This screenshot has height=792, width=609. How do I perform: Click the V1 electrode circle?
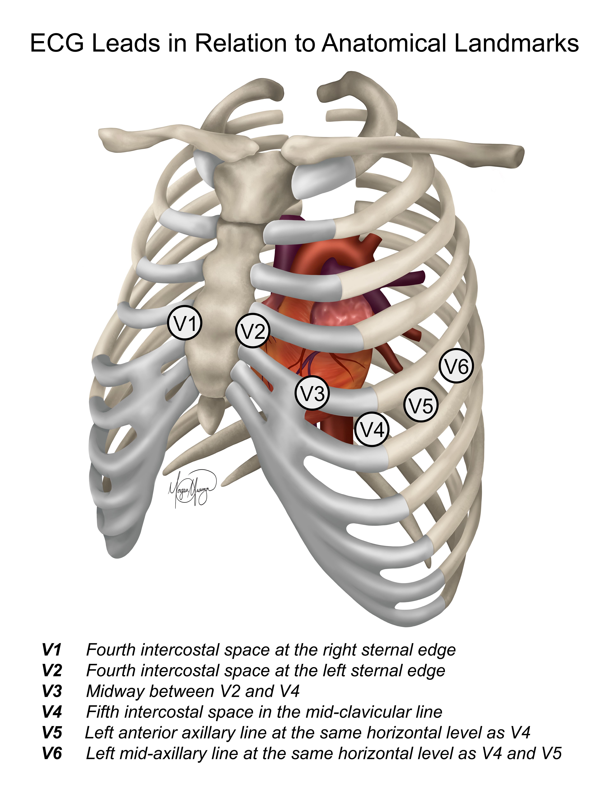(x=185, y=323)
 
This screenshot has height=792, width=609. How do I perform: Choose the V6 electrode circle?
(x=456, y=366)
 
